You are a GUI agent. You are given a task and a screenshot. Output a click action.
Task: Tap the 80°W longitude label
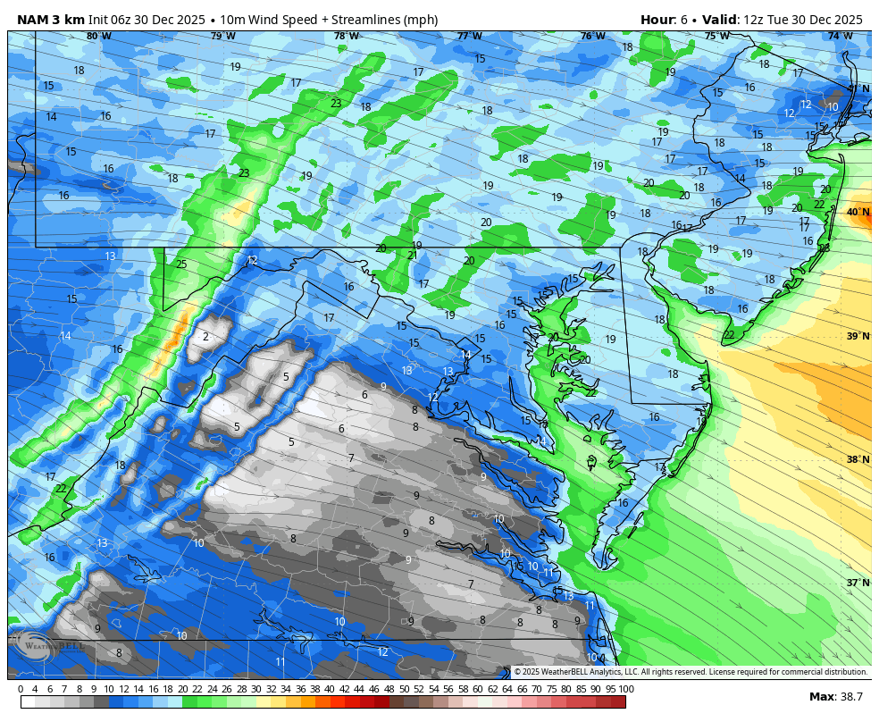pos(98,36)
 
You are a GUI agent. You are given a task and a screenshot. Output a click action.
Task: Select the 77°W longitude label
pos(469,36)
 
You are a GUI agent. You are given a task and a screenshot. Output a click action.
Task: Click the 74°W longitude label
pos(840,36)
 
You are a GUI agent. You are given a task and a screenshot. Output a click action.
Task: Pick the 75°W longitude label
pos(716,36)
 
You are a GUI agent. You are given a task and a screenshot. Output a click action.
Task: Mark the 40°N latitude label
pos(858,212)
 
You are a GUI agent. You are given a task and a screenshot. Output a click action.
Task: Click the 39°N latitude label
pos(858,336)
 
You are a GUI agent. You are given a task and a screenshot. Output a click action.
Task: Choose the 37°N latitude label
pos(858,583)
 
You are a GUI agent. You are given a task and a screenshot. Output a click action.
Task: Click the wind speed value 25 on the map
pos(181,264)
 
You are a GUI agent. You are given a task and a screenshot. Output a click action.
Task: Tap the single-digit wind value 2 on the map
pos(205,337)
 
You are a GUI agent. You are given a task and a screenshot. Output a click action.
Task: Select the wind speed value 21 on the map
pos(412,256)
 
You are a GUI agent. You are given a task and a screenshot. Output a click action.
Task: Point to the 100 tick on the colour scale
pos(626,689)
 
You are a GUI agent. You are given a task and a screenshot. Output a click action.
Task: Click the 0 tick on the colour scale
pos(21,689)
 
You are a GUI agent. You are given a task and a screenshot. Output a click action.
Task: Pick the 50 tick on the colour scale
pos(404,689)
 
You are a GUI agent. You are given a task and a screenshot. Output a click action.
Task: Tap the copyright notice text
pos(691,672)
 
